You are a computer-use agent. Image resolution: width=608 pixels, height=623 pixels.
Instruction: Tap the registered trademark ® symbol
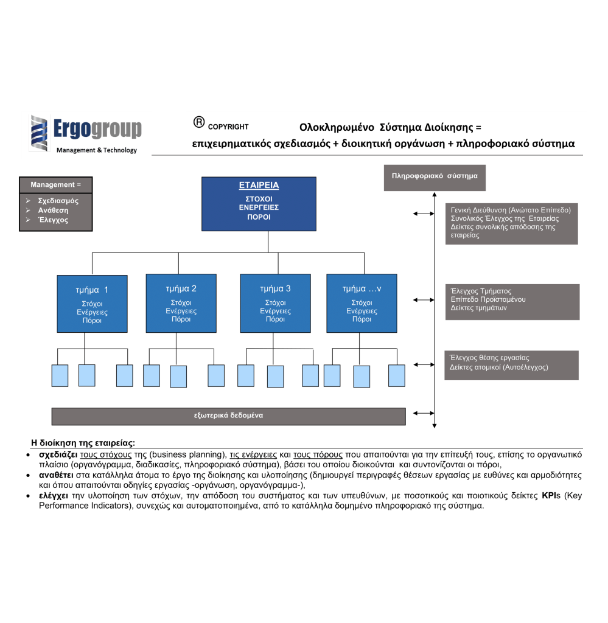point(198,122)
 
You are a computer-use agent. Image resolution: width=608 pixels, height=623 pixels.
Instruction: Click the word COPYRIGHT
point(228,127)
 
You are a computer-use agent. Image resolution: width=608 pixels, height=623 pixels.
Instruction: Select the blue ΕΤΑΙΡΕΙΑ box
point(259,204)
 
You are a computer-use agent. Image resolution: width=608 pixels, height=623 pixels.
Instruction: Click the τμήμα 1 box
point(93,304)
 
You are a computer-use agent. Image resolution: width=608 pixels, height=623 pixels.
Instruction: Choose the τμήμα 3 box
point(275,302)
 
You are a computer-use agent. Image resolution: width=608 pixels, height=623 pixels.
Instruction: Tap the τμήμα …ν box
point(362,302)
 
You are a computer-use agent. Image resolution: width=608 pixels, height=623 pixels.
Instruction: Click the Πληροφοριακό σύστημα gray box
point(435,177)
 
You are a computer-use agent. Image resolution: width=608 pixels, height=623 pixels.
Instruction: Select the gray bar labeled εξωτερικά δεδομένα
point(228,416)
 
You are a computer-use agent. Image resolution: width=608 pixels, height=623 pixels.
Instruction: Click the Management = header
point(55,184)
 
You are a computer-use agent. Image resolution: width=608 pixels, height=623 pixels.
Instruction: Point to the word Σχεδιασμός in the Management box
point(58,200)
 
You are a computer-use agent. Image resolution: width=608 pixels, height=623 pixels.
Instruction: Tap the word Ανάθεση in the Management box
point(53,210)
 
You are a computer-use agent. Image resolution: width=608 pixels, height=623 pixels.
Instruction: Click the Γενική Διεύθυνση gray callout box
point(511,223)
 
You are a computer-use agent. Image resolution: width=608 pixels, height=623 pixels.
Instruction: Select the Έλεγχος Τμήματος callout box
point(512,301)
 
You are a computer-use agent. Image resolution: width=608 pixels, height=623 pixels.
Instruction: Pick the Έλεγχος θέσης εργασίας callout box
point(511,364)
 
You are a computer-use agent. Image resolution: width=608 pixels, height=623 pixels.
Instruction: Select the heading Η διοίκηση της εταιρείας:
point(83,442)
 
